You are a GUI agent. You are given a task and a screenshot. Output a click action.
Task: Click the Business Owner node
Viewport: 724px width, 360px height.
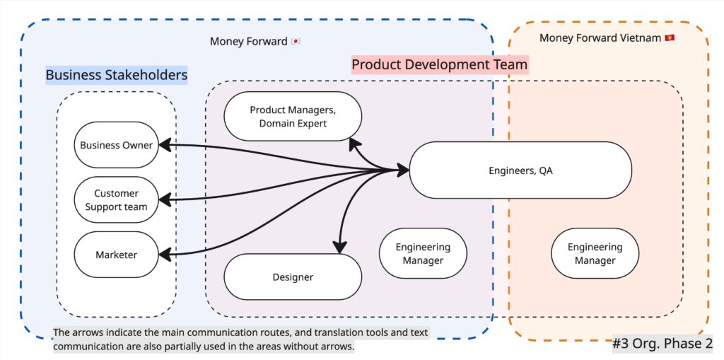point(116,145)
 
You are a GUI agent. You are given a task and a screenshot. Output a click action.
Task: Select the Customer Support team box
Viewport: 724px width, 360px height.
point(116,199)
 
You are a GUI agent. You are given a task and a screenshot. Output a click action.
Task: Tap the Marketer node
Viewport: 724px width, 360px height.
point(116,255)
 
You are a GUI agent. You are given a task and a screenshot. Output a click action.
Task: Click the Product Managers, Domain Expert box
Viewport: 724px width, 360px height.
point(293,116)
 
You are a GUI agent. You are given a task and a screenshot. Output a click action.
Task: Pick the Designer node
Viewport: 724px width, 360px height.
point(293,277)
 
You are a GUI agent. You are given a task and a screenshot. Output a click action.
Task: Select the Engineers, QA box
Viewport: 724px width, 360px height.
point(520,170)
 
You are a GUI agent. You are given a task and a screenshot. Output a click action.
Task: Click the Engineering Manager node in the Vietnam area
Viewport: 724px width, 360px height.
point(595,253)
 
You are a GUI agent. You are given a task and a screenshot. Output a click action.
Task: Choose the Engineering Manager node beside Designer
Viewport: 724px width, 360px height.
point(423,253)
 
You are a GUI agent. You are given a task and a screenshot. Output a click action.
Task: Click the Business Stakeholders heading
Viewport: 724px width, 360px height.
point(117,75)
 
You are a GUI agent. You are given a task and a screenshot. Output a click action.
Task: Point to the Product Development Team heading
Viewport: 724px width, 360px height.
point(439,65)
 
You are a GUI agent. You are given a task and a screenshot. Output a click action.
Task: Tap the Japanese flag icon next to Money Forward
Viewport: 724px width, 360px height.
point(296,42)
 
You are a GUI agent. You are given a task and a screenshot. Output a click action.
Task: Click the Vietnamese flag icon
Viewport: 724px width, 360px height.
point(670,37)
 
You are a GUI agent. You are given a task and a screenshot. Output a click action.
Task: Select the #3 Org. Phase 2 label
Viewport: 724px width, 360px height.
point(662,344)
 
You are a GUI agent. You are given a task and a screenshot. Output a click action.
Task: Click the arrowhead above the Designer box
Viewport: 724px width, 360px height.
point(340,247)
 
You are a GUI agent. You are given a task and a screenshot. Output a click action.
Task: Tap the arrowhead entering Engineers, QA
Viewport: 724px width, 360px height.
point(403,170)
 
